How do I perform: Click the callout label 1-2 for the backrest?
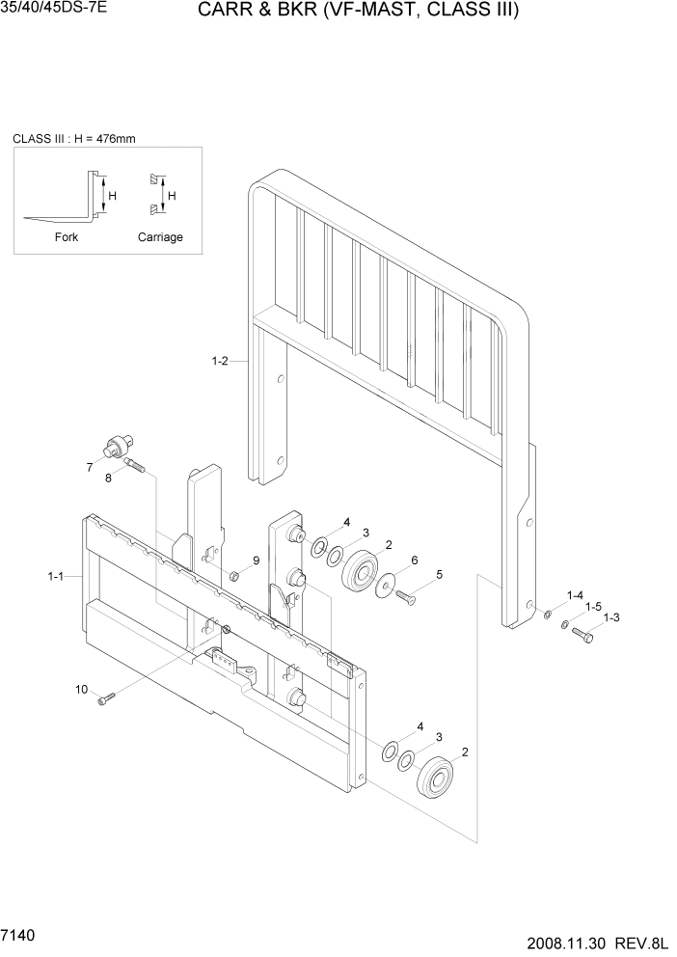(x=219, y=361)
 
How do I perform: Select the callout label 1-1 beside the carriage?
(x=55, y=576)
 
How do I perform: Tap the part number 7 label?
(x=89, y=467)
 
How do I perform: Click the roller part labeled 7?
(x=117, y=447)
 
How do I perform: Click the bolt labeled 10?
(x=105, y=698)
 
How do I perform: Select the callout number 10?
(x=81, y=689)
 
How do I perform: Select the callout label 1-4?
(x=575, y=595)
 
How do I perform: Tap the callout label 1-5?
(x=593, y=607)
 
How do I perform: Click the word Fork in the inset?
(x=67, y=237)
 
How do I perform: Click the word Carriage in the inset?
(x=160, y=237)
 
